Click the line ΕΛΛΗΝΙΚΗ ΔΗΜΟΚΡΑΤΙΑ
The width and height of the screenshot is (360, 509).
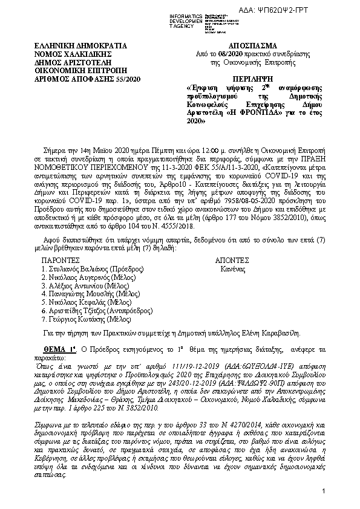point(80,46)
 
